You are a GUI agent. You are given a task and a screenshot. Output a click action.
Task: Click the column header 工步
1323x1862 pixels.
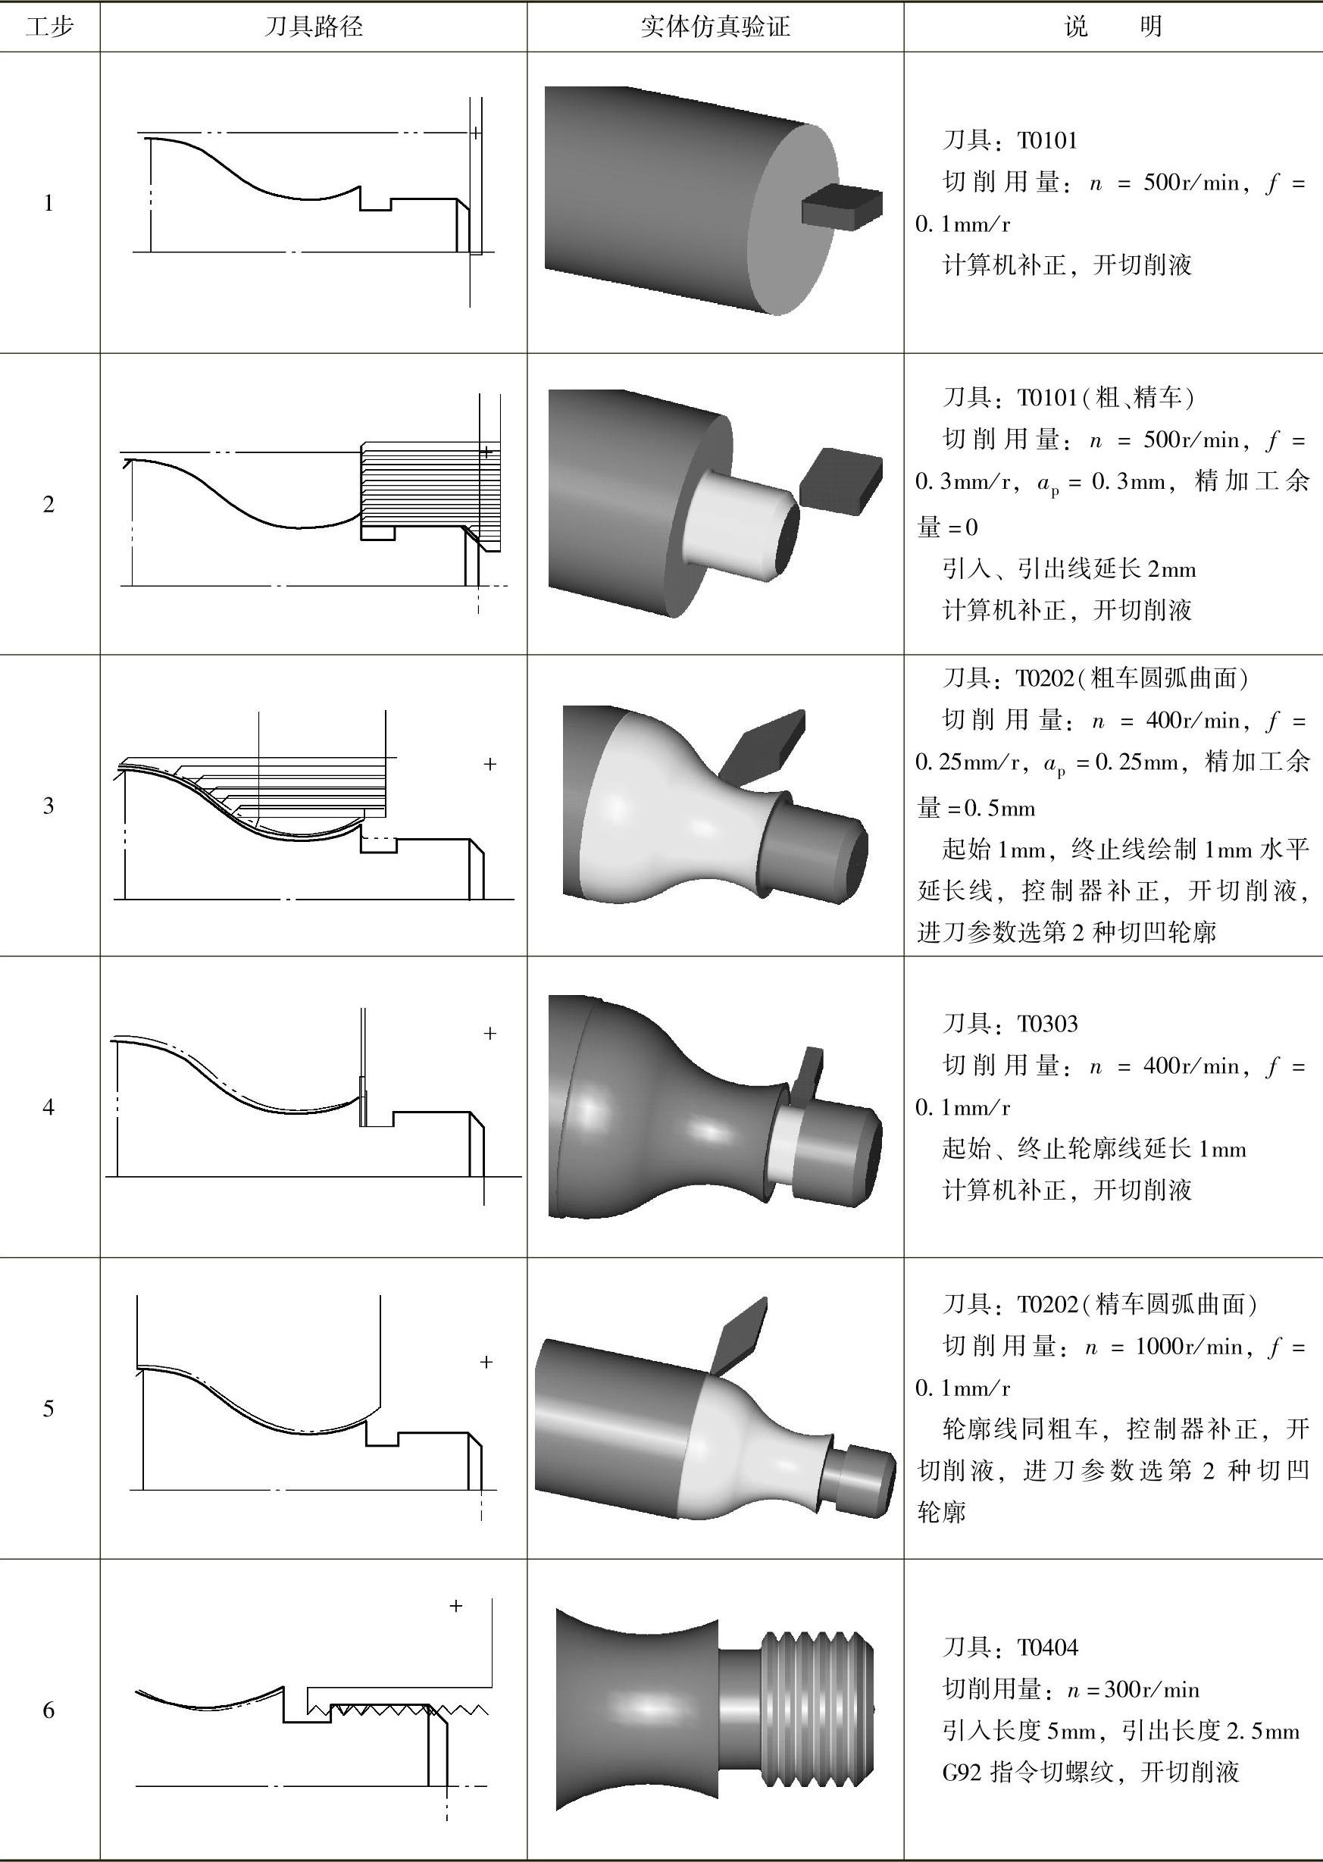tap(50, 27)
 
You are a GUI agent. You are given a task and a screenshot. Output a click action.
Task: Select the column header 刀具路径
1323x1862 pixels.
tap(314, 27)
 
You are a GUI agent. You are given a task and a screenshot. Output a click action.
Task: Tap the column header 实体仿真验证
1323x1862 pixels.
tap(715, 27)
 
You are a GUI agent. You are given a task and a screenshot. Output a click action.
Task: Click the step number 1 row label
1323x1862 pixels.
tap(49, 203)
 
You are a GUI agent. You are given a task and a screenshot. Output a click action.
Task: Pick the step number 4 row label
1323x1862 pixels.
tap(49, 1107)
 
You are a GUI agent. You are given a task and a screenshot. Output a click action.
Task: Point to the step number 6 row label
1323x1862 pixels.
tap(49, 1710)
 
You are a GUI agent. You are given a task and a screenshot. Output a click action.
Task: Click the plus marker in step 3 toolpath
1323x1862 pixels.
tap(489, 764)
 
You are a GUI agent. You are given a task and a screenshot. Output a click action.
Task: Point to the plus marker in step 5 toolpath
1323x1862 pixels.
tap(486, 1362)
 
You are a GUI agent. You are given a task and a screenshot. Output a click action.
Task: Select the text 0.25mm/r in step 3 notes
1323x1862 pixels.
tap(967, 762)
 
